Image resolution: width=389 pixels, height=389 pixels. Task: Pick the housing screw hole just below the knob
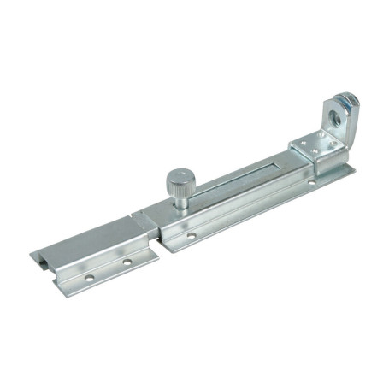tap(192, 235)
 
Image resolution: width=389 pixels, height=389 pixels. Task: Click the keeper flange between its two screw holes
tap(108, 269)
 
